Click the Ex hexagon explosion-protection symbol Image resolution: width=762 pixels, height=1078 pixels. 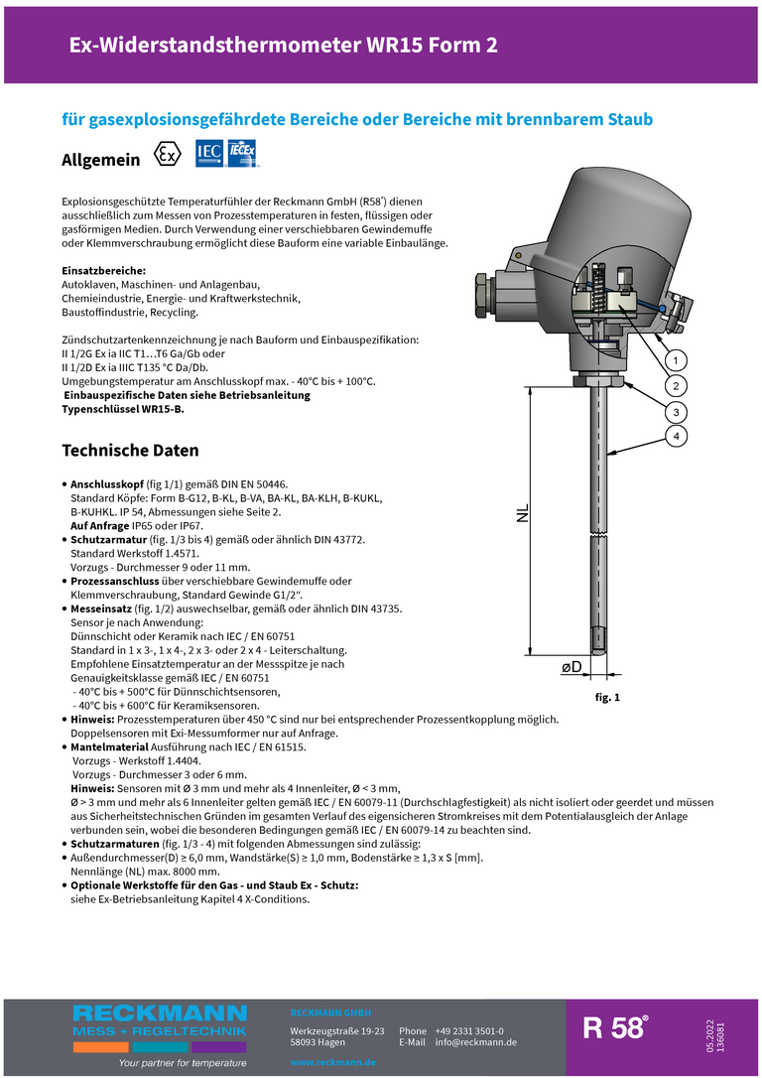[169, 156]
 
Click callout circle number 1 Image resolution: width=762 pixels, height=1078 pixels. [675, 359]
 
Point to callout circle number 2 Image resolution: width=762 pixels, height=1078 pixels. [675, 385]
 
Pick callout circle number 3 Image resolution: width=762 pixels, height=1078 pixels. [675, 411]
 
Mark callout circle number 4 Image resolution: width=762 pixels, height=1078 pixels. [675, 437]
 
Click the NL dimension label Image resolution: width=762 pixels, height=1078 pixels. [524, 512]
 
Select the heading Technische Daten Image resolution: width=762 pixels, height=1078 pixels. [116, 451]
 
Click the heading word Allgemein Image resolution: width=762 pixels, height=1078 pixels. [101, 160]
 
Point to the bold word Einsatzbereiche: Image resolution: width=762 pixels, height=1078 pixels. [104, 271]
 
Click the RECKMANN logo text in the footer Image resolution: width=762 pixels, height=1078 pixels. [159, 1013]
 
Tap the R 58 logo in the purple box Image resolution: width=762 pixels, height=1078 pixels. [615, 1028]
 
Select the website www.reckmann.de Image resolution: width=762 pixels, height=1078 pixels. [332, 1062]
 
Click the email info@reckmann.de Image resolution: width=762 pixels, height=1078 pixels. [476, 1042]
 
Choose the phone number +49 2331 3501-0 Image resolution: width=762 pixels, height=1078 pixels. [469, 1031]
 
